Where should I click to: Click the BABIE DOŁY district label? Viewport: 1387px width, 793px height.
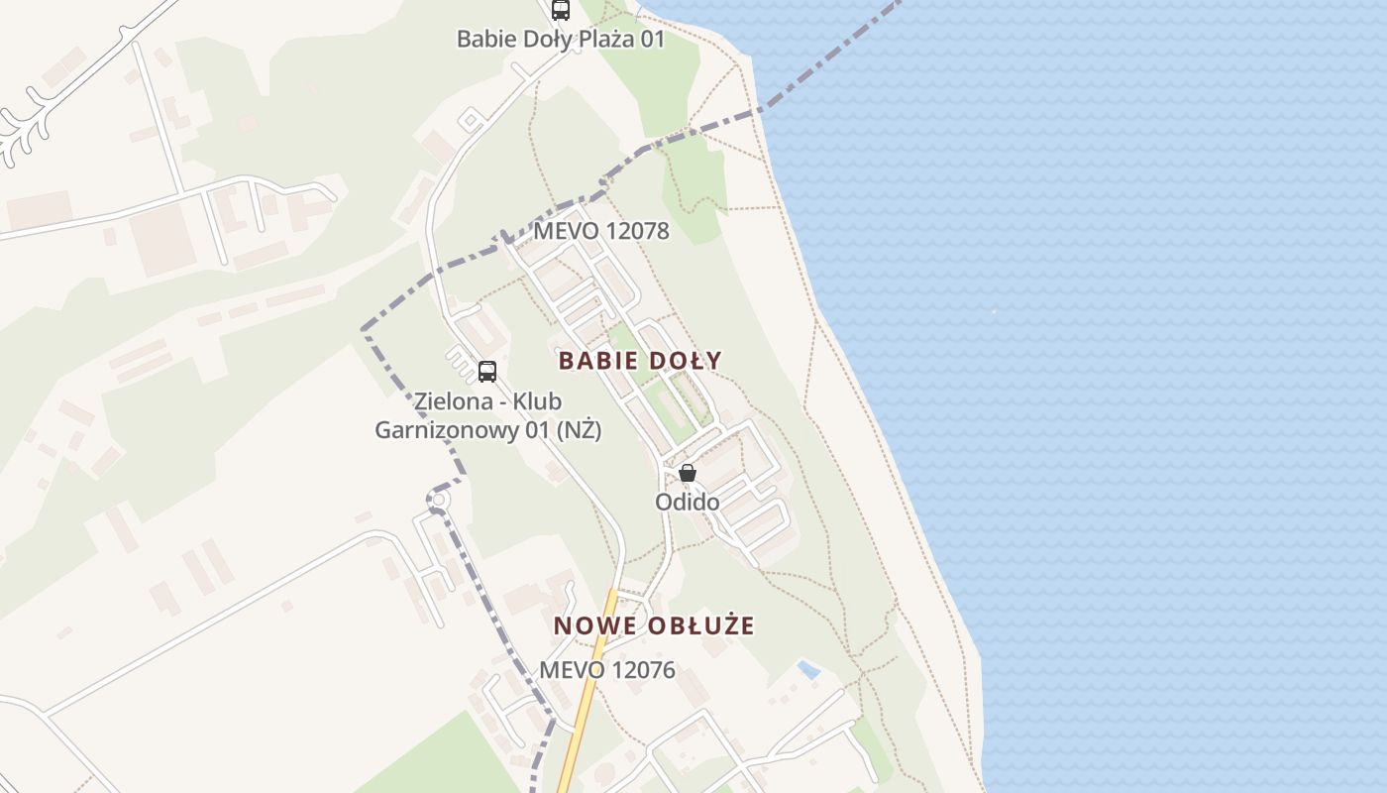coord(640,360)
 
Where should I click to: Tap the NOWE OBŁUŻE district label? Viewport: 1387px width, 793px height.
coord(654,625)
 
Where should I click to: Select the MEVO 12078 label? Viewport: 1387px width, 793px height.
coord(600,231)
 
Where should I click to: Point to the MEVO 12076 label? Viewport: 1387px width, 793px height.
coord(606,670)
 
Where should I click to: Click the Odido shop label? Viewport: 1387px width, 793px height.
coord(687,502)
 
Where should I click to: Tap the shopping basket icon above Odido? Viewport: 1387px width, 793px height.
coord(688,473)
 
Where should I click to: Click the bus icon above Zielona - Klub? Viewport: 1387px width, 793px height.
coord(486,372)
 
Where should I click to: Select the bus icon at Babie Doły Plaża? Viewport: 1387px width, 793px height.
coord(561,10)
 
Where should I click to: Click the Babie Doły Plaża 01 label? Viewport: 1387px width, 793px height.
coord(560,39)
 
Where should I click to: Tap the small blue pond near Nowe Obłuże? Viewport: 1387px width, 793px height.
coord(808,669)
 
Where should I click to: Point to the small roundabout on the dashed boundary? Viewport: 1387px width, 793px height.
coord(437,503)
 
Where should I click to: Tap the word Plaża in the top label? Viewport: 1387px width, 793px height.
coord(605,39)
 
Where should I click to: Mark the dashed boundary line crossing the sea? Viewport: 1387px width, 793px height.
coord(832,59)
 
